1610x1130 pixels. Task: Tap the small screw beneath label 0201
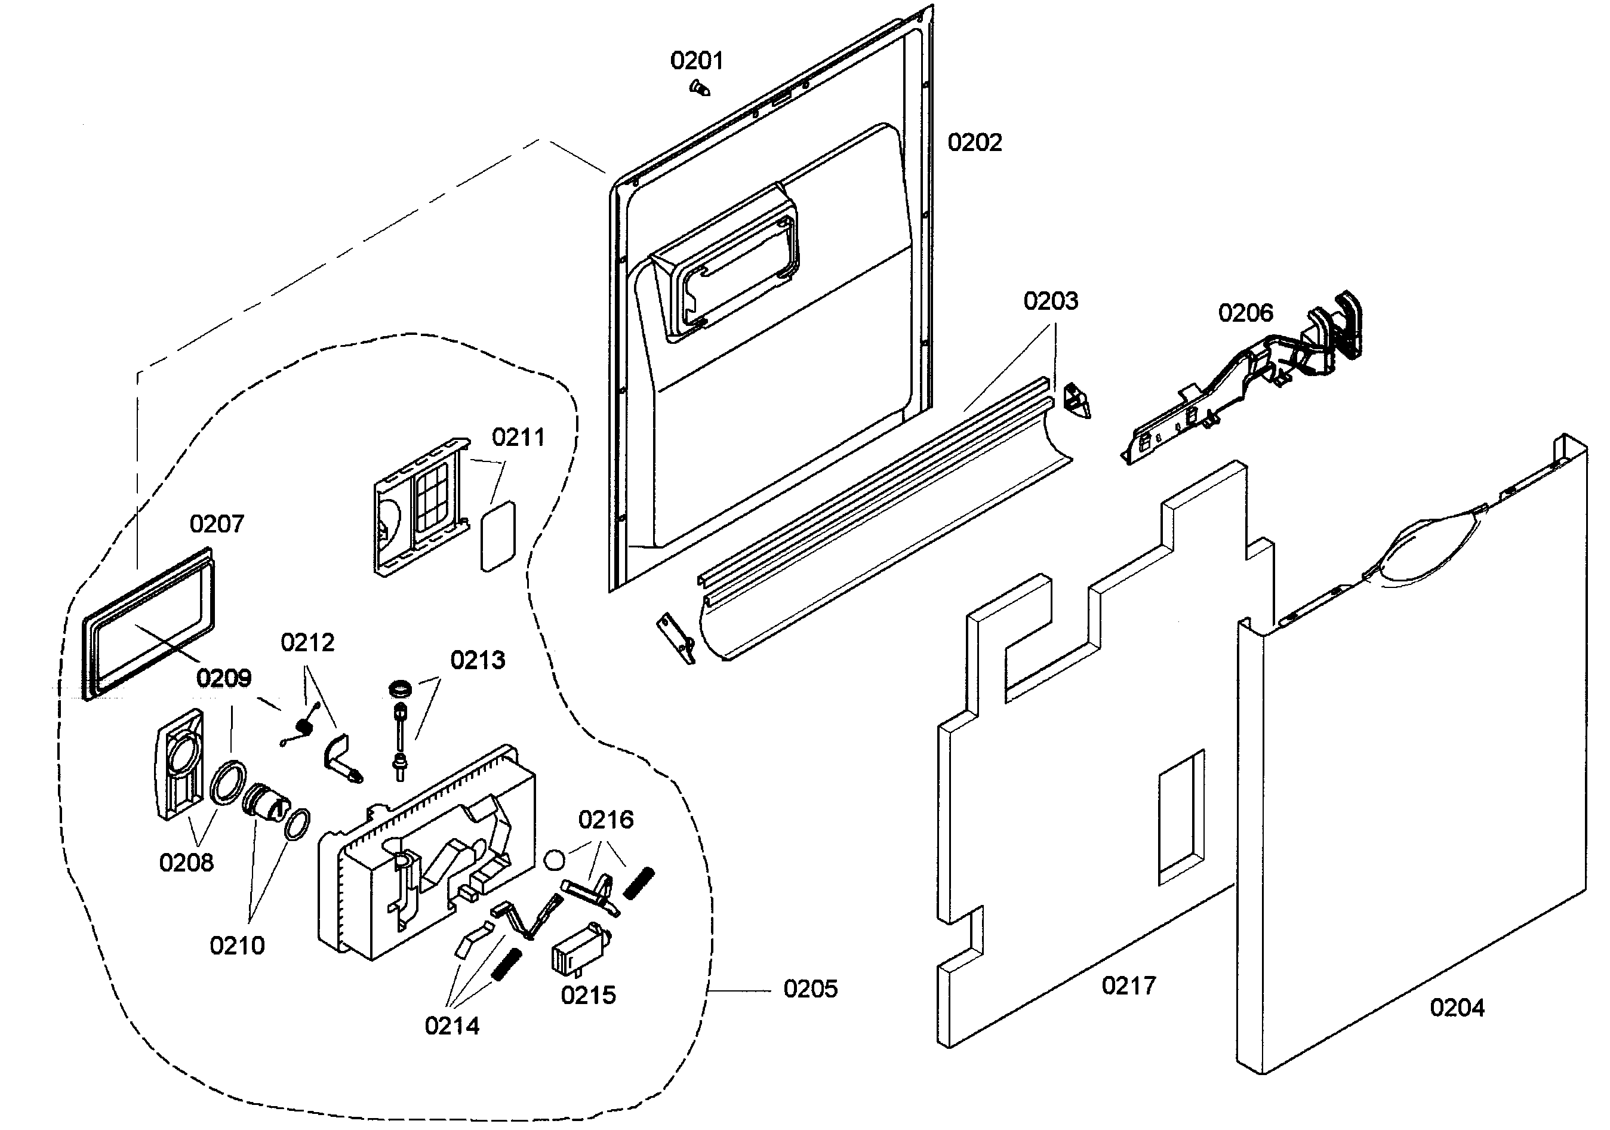pos(699,88)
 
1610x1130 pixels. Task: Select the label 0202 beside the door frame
pos(975,143)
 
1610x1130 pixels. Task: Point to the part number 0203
pos(1051,301)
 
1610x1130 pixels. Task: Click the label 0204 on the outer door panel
pos(1457,1008)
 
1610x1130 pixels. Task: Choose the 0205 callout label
pos(811,989)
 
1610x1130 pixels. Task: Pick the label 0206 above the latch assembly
pos(1245,313)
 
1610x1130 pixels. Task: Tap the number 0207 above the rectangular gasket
pos(217,524)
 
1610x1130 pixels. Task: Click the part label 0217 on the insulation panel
pos(1128,986)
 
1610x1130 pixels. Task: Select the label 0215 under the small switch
pos(589,994)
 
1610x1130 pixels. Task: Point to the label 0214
pos(452,1026)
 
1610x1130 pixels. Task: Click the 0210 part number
pos(237,946)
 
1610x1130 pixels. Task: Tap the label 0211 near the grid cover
pos(518,438)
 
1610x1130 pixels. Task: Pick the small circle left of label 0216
pos(555,860)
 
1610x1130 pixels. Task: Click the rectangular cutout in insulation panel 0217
pos(1181,817)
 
